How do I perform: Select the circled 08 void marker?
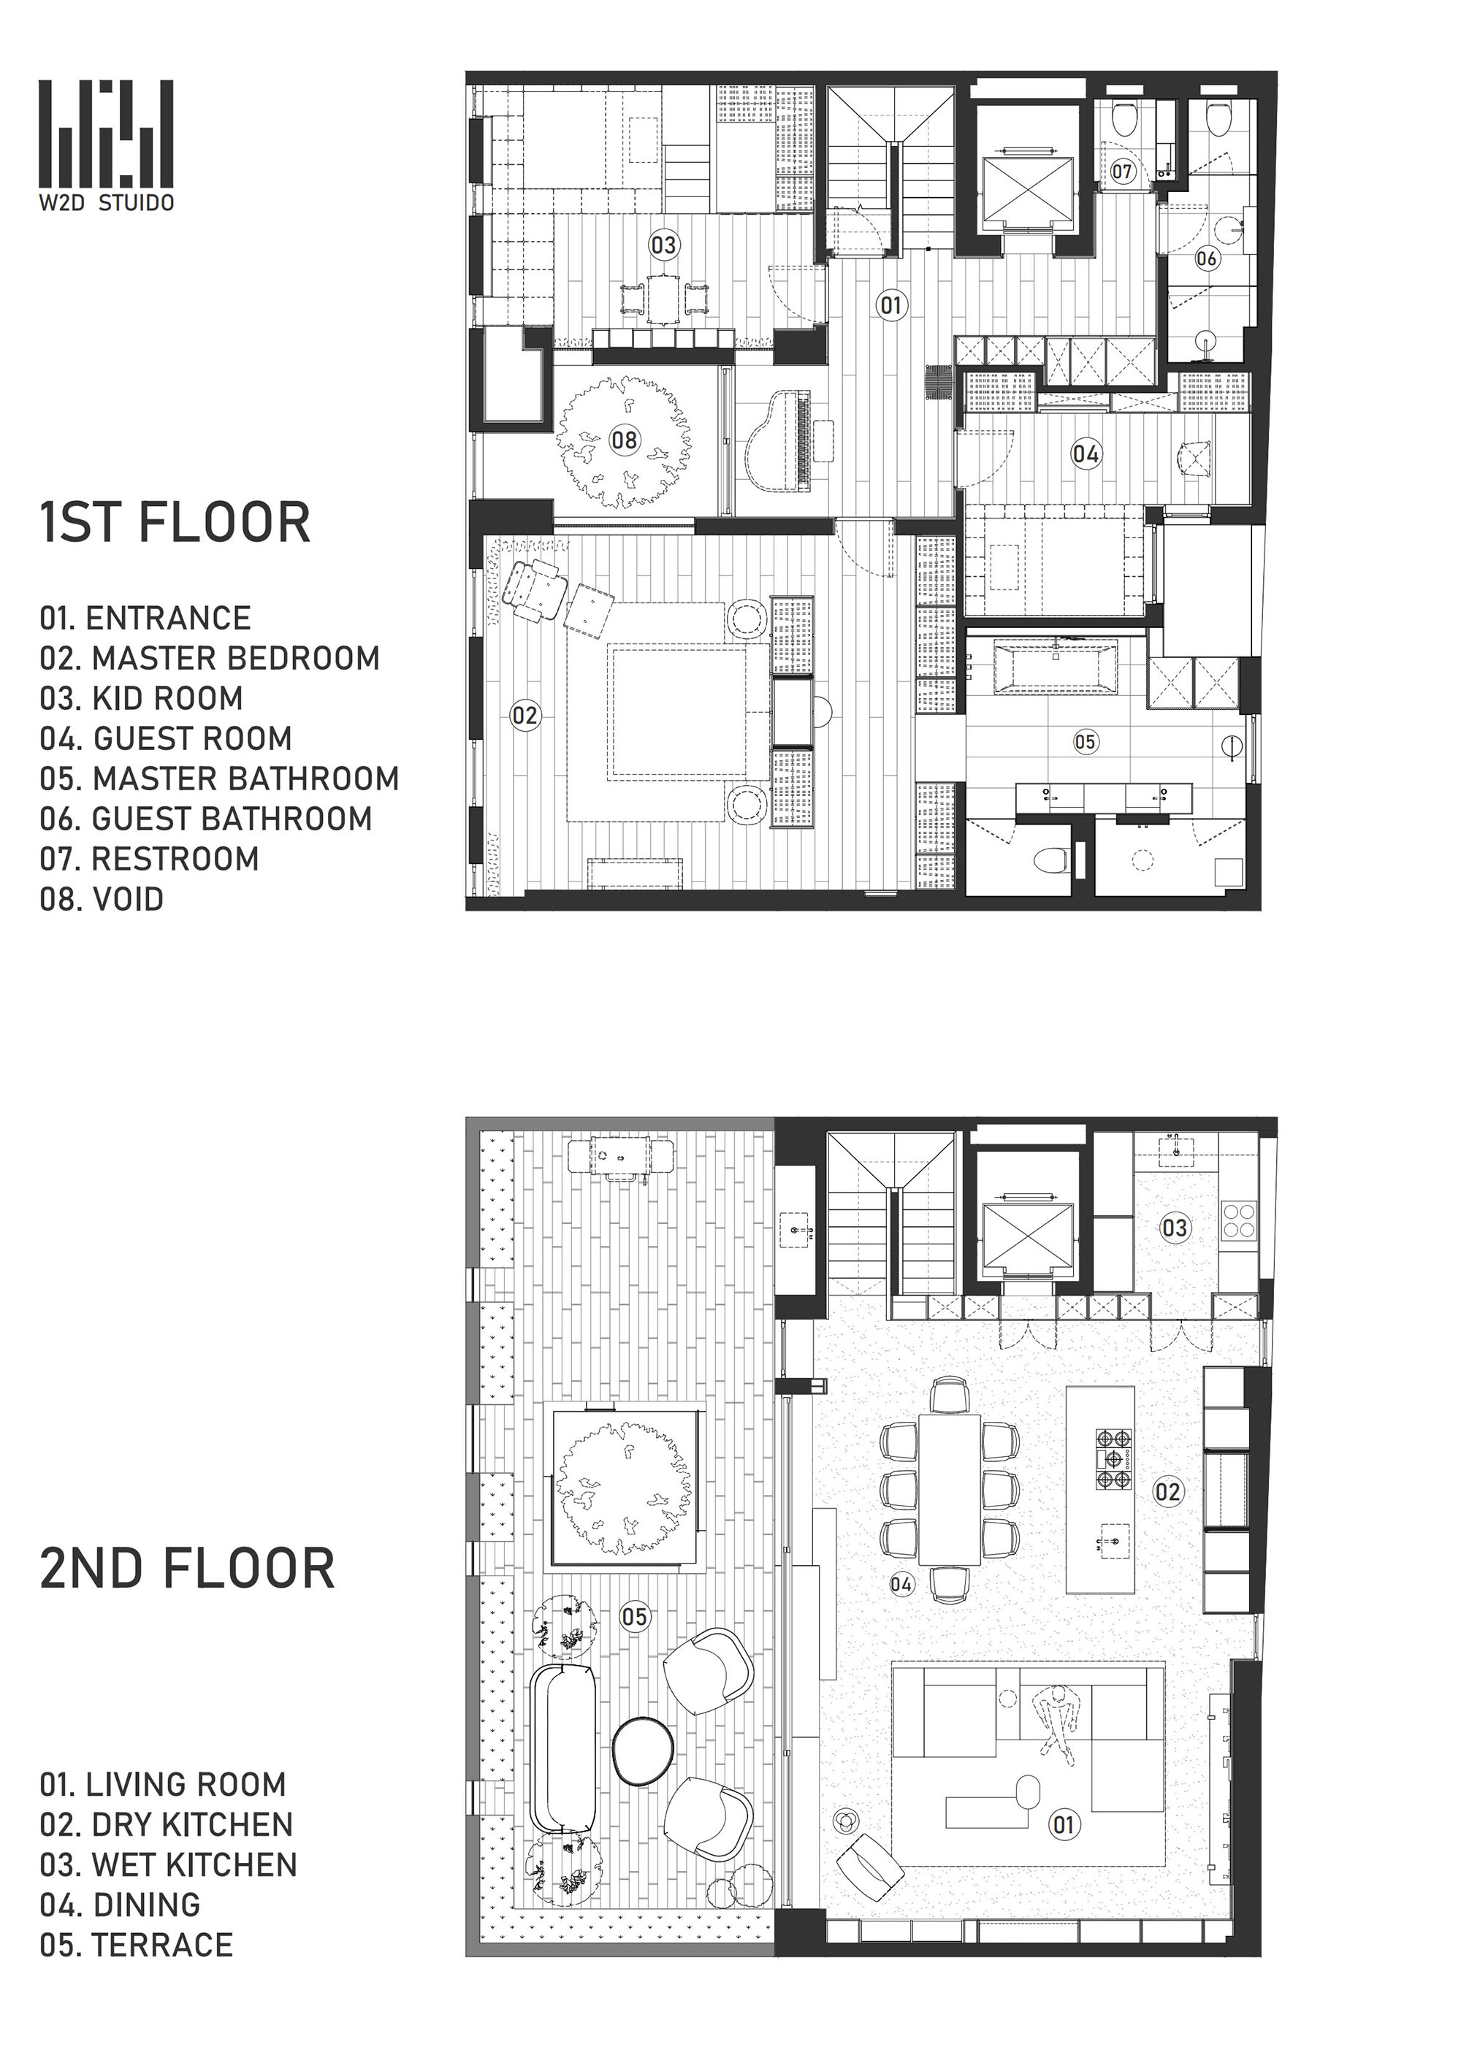[625, 440]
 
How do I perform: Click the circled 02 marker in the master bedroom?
[524, 716]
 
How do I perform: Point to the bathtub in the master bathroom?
[1056, 667]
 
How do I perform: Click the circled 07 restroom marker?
[1123, 171]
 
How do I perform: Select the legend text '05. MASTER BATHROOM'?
[218, 779]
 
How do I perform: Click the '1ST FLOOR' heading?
[175, 523]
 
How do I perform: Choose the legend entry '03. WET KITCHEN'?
[168, 1864]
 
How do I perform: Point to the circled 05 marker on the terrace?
[634, 1616]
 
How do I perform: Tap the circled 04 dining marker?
[901, 1584]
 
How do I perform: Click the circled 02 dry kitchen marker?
[1168, 1492]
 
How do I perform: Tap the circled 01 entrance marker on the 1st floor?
[890, 305]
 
